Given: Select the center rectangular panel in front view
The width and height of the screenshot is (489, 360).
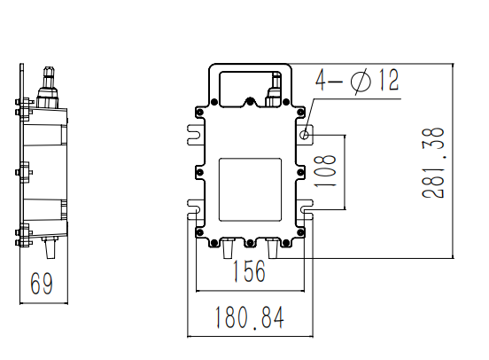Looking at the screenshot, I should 250,189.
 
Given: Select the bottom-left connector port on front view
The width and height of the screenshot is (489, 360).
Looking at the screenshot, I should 229,246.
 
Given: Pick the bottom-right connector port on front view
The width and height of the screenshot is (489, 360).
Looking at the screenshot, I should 272,247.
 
